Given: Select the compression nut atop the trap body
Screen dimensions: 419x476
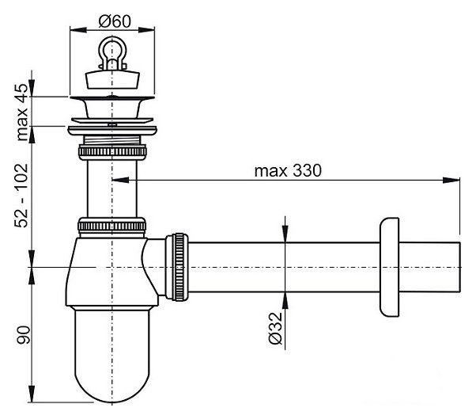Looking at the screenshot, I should click(111, 224).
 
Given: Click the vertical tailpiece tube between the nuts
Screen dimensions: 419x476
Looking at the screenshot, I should click(111, 186).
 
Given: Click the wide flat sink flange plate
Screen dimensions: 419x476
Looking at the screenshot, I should click(111, 124).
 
